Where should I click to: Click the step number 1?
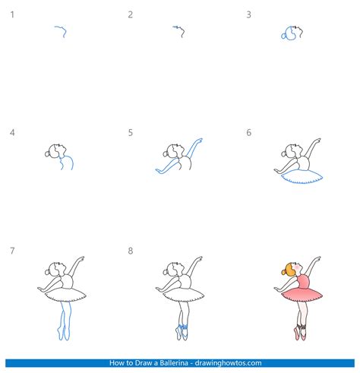coord(12,14)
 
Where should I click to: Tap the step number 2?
coord(130,14)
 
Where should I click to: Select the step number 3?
coord(248,14)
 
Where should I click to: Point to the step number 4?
coord(12,132)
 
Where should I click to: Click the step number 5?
coord(130,132)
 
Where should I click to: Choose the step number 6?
coord(248,132)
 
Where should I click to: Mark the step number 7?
coord(12,251)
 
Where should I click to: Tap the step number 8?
coord(130,251)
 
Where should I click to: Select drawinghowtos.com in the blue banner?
coord(228,363)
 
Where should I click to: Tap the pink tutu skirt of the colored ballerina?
coord(302,295)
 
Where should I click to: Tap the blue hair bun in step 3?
coord(283,36)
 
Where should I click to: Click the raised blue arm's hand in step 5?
coord(199,140)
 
